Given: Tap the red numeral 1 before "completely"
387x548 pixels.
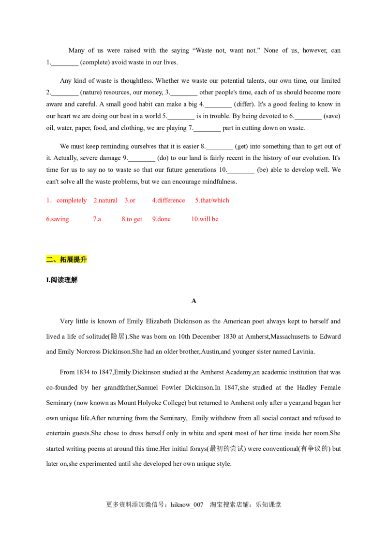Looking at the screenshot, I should tap(48, 200).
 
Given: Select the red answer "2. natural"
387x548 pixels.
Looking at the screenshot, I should tap(105, 200).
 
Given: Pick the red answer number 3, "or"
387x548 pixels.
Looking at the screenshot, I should tap(130, 200).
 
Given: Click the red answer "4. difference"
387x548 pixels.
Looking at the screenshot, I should tap(168, 200).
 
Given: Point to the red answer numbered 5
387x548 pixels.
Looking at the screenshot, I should tap(212, 200).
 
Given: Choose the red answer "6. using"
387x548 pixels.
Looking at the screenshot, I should tap(58, 219).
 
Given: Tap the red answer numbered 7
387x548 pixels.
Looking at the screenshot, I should tap(98, 219).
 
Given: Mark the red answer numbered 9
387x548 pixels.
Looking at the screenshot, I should tap(162, 219).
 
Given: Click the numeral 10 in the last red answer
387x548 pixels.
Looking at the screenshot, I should tap(194, 219).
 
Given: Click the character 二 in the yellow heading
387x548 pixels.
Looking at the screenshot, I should tap(49, 259).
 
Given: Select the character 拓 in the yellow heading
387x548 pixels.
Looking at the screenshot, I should tap(63, 259).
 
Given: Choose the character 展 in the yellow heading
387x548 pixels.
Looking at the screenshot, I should tap(70, 259).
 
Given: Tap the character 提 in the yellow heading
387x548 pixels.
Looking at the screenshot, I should tap(77, 259).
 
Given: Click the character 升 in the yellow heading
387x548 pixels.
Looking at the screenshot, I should tap(84, 259).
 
